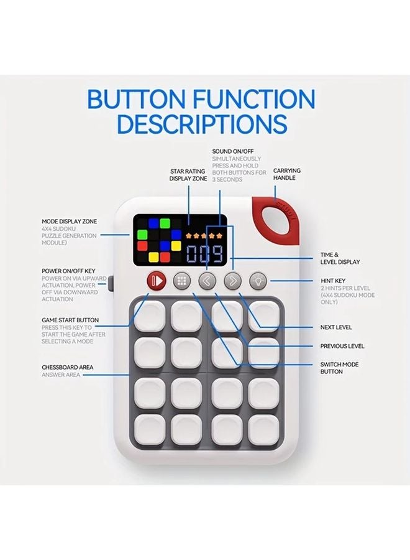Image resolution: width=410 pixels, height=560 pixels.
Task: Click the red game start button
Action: tap(156, 281)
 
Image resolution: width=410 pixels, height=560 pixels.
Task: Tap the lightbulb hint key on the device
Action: tap(258, 281)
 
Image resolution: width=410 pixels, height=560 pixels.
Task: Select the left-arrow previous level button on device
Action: tap(207, 281)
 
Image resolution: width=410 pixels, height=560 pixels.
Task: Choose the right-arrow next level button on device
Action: tap(232, 281)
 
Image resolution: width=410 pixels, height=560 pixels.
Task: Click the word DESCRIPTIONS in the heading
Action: tap(202, 124)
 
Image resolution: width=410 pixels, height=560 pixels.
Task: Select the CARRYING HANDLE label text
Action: tap(287, 174)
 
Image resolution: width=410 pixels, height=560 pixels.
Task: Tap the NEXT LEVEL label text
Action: tap(335, 327)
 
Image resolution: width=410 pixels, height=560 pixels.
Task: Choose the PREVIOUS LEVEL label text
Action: tap(342, 346)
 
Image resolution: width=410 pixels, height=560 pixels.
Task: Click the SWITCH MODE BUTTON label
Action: tap(340, 368)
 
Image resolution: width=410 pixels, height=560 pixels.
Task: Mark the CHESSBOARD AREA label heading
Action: tap(67, 367)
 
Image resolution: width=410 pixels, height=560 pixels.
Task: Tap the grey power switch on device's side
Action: tap(111, 284)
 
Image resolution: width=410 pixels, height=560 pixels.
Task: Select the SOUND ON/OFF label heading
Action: tap(233, 151)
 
